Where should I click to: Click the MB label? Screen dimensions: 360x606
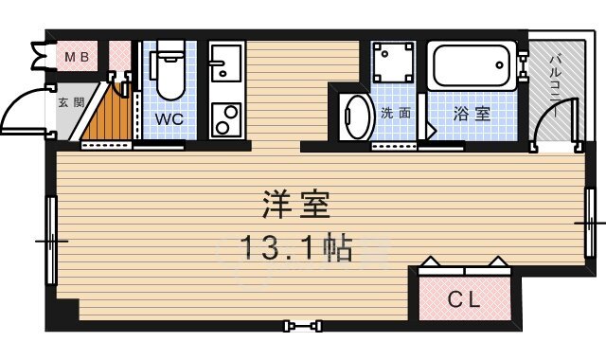[x=77, y=58]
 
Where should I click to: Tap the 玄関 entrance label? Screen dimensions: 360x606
[x=66, y=102]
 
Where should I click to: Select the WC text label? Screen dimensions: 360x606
[x=170, y=120]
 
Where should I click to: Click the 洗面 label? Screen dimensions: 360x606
[x=396, y=114]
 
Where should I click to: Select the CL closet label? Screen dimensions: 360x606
[x=464, y=301]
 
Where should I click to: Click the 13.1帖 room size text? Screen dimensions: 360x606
[x=295, y=248]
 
